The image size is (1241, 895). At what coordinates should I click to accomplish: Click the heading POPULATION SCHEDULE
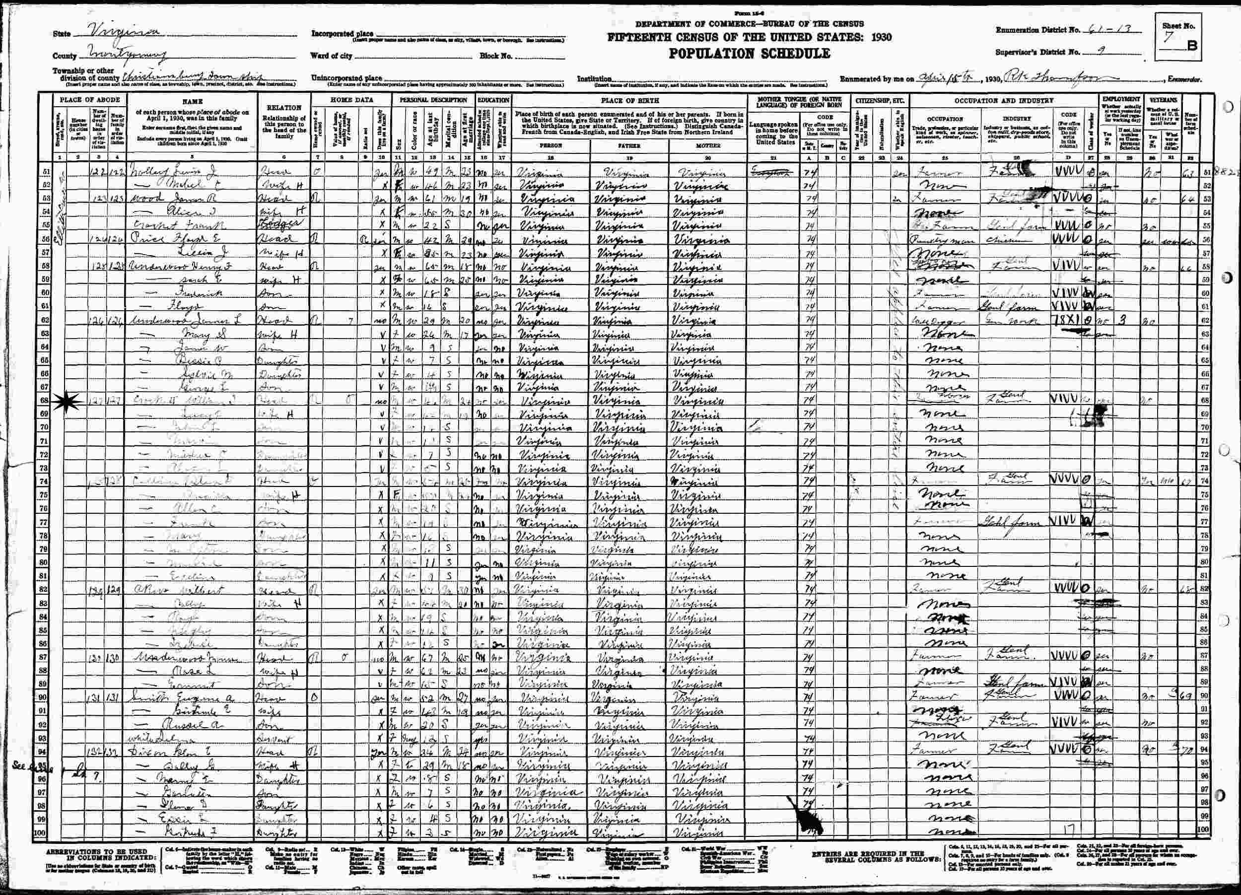tap(749, 54)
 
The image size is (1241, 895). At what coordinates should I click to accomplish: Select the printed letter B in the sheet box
tap(1192, 46)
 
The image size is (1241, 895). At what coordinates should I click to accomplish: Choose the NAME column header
tap(192, 101)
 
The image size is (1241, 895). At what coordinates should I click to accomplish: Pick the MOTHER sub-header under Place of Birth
tap(710, 146)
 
